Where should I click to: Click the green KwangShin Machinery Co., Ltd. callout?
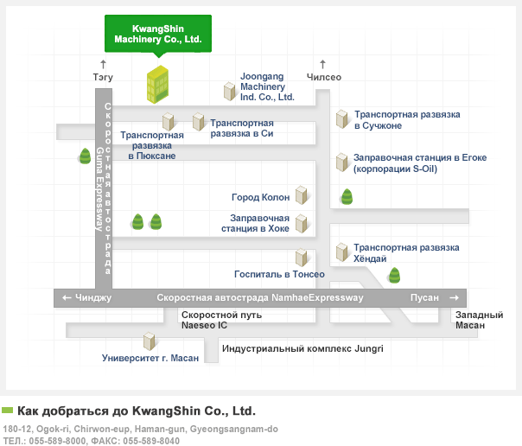158,34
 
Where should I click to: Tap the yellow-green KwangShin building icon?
158,84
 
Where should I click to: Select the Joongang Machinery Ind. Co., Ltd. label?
267,86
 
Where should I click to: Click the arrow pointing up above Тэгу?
103,64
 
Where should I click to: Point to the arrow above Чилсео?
322,64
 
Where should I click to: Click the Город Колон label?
261,197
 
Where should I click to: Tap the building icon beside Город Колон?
302,195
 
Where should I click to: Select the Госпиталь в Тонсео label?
279,274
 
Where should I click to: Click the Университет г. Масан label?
150,358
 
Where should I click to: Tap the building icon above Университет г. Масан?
150,341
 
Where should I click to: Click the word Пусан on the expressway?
424,297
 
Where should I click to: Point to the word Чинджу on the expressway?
93,297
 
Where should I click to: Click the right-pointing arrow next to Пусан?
454,298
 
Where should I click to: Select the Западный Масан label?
479,320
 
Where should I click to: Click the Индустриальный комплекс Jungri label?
302,348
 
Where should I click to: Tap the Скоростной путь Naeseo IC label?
221,320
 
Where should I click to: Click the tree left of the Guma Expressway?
85,156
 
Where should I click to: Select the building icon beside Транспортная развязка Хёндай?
342,252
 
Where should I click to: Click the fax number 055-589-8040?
151,441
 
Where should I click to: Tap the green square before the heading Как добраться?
7,410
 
